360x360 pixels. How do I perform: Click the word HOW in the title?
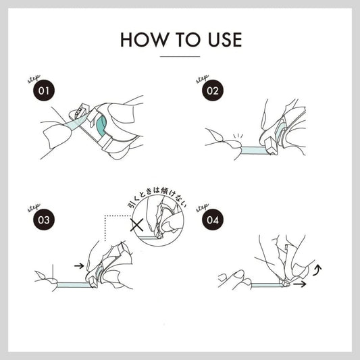tap(144, 40)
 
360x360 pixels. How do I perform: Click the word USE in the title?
tap(225, 40)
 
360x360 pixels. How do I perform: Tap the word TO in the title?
tap(188, 40)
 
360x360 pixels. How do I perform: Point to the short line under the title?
tap(180, 56)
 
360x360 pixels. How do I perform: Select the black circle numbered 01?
tap(44, 91)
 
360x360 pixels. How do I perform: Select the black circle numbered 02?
tap(213, 91)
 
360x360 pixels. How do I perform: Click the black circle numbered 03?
tap(44, 220)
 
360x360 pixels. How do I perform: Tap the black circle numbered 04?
tap(213, 220)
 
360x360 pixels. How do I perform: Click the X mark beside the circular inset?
tap(137, 225)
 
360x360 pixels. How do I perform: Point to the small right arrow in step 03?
tap(79, 266)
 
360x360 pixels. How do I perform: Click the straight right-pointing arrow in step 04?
tap(300, 284)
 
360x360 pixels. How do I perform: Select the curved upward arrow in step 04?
tap(317, 270)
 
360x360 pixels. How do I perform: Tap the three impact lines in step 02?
tap(238, 136)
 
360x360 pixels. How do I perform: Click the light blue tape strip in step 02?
tap(254, 151)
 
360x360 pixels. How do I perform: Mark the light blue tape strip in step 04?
tap(266, 285)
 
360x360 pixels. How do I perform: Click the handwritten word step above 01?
tap(34, 79)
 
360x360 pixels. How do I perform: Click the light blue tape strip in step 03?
tap(74, 285)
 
